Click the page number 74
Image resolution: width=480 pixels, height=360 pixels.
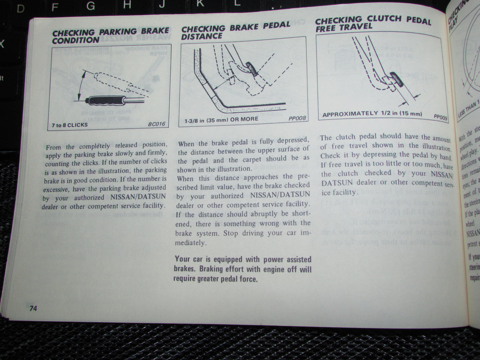pyautogui.click(x=33, y=309)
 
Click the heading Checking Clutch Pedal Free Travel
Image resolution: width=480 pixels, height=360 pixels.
pyautogui.click(x=373, y=23)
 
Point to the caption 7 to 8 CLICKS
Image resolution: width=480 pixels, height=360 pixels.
pyautogui.click(x=69, y=125)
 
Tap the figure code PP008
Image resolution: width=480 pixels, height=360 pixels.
pyautogui.click(x=297, y=118)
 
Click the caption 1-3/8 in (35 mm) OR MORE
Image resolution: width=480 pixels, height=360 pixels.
pyautogui.click(x=221, y=120)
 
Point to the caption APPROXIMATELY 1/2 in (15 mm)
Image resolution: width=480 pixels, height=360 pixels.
pyautogui.click(x=372, y=114)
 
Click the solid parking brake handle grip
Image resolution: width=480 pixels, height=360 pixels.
pyautogui.click(x=105, y=100)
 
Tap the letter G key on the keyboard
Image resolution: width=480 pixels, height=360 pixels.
pyautogui.click(x=90, y=6)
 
